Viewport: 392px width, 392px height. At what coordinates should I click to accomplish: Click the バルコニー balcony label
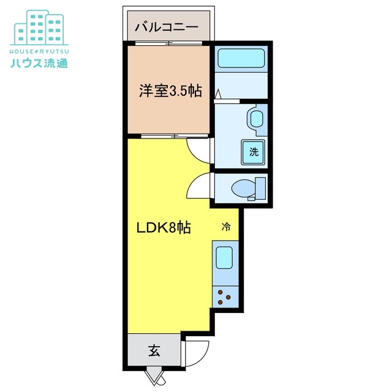tap(166, 27)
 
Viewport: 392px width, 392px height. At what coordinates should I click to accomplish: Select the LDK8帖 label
tap(163, 228)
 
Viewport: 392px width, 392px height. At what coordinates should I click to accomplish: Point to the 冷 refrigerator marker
tap(226, 227)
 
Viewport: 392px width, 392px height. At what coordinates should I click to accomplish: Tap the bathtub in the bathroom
tap(241, 59)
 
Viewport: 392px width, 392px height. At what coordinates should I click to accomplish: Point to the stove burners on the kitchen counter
tap(225, 297)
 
